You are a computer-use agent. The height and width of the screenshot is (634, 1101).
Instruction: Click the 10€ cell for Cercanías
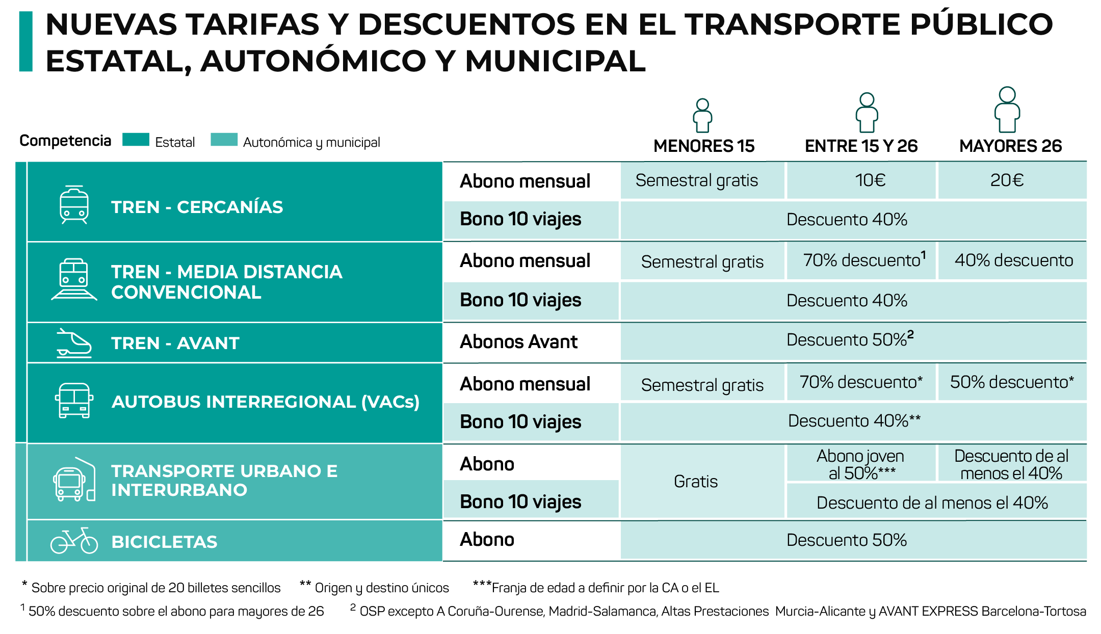[x=861, y=180]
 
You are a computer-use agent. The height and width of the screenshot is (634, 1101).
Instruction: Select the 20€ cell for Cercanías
[x=1012, y=180]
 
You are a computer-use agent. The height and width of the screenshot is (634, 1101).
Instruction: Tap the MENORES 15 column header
[x=703, y=146]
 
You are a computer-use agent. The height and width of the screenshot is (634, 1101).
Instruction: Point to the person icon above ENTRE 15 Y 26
[x=867, y=113]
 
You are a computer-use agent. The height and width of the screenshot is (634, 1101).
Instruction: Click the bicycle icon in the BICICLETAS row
[x=74, y=541]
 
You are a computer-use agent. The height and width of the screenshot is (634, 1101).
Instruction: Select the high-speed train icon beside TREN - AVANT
[x=74, y=343]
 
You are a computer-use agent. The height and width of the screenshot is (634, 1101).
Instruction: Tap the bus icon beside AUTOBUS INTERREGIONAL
[x=74, y=401]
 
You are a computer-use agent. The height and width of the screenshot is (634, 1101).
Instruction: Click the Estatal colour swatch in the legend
[x=136, y=140]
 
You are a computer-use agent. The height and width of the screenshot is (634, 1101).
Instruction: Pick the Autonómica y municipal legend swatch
[x=224, y=140]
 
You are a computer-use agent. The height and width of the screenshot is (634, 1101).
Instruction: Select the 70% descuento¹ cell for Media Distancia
[x=861, y=260]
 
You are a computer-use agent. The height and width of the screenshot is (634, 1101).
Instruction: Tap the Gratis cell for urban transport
[x=696, y=482]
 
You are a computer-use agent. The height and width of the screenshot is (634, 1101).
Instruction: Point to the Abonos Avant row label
[x=518, y=342]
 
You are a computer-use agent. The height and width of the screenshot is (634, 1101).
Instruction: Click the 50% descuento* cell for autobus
[x=1012, y=382]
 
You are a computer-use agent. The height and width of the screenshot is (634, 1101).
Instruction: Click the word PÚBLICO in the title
[x=981, y=24]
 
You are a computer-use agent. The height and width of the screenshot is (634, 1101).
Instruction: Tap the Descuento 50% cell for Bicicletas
[x=846, y=540]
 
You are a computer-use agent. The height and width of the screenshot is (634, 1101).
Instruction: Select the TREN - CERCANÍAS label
[x=197, y=207]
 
